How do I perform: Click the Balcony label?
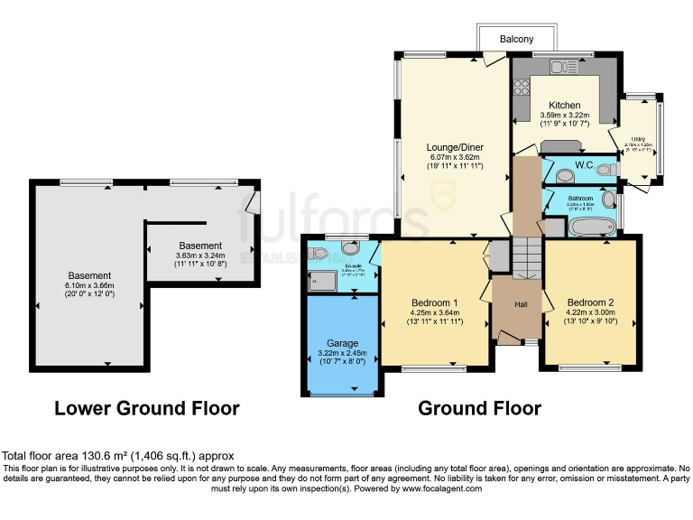517,39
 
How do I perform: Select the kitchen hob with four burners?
522,88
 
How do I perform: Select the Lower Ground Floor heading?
147,408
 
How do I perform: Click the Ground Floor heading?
479,408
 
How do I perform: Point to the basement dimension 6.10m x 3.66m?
88,287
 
